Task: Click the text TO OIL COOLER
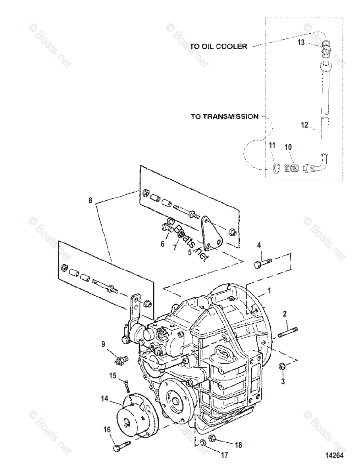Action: [218, 46]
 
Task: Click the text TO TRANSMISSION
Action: [224, 117]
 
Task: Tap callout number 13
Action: [301, 42]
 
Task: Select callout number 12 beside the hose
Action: [304, 125]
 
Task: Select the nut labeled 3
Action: [282, 367]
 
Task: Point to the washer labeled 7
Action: [179, 235]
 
